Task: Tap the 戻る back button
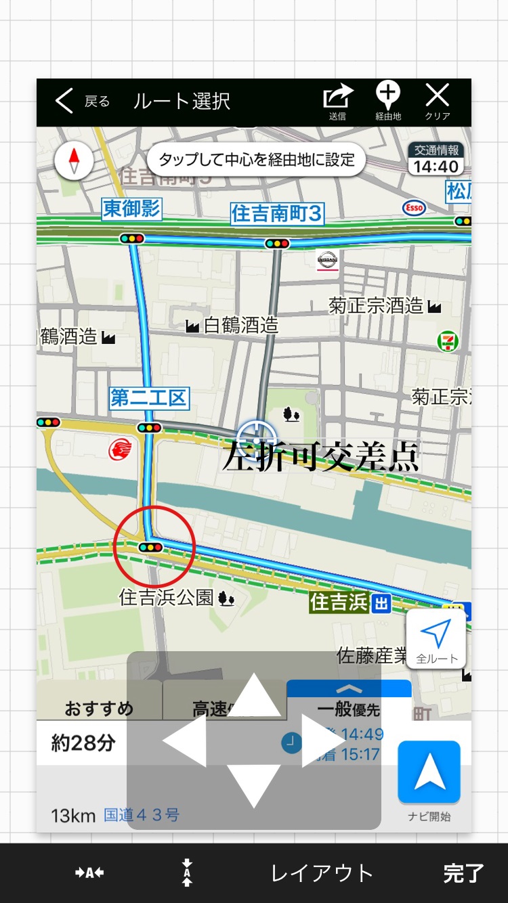(x=81, y=102)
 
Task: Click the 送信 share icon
(x=337, y=100)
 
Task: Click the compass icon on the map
(x=74, y=162)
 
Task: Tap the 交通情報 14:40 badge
(x=437, y=160)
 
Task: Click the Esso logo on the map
(x=414, y=208)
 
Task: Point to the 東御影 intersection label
(x=132, y=208)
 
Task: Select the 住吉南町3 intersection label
(x=276, y=213)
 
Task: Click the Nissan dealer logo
(x=327, y=259)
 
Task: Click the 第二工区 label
(x=149, y=397)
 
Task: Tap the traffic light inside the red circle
(x=150, y=546)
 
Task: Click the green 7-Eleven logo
(x=448, y=341)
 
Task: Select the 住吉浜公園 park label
(x=167, y=597)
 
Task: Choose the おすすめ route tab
(x=99, y=709)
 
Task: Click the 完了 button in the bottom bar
(x=463, y=873)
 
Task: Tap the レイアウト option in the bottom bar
(x=322, y=873)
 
